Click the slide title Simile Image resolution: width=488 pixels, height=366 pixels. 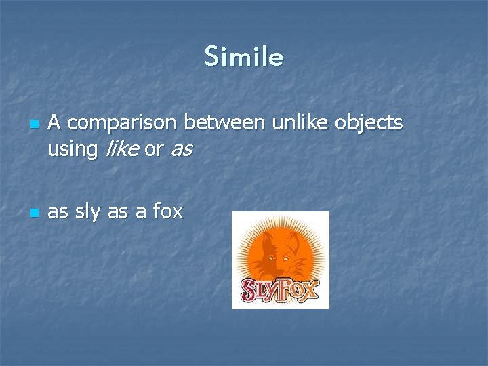point(243,57)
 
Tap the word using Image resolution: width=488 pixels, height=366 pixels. point(73,150)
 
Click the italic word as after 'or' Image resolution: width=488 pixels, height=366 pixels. point(181,150)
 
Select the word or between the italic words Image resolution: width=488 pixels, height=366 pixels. point(153,150)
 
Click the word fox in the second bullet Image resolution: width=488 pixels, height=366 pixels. point(167,211)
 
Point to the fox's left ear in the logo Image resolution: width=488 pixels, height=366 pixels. point(268,239)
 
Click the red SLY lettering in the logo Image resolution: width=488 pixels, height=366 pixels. point(259,289)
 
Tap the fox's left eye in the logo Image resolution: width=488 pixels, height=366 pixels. point(274,258)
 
